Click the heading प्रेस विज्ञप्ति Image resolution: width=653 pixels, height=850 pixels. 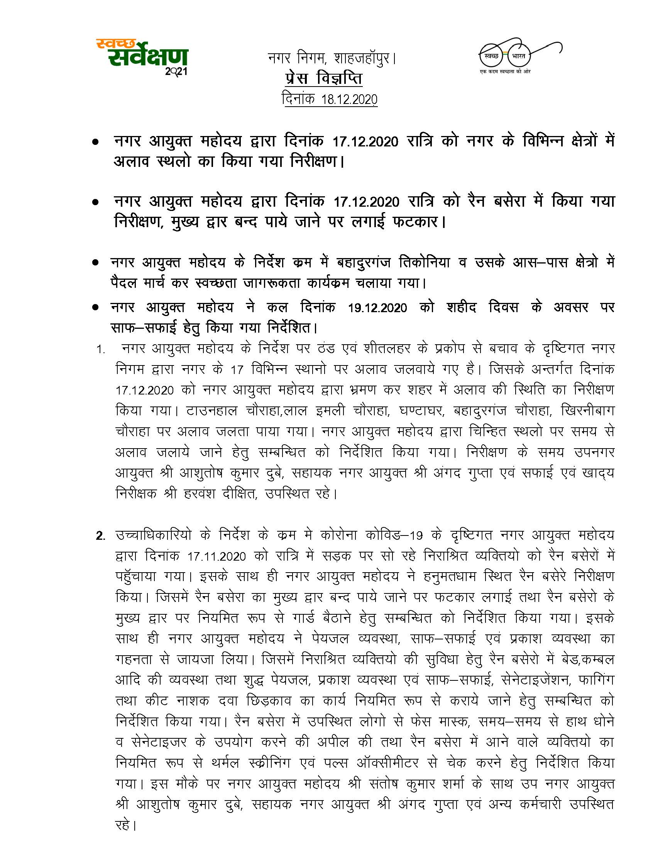(x=323, y=79)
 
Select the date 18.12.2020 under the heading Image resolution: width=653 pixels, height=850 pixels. (x=349, y=100)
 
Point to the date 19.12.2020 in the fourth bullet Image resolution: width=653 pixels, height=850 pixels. (x=377, y=308)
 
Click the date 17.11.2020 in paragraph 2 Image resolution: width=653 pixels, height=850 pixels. (x=217, y=556)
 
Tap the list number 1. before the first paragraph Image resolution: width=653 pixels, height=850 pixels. (x=101, y=350)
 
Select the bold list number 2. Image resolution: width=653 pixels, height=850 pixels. (x=100, y=536)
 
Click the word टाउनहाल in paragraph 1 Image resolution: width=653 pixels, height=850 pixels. (x=211, y=411)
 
